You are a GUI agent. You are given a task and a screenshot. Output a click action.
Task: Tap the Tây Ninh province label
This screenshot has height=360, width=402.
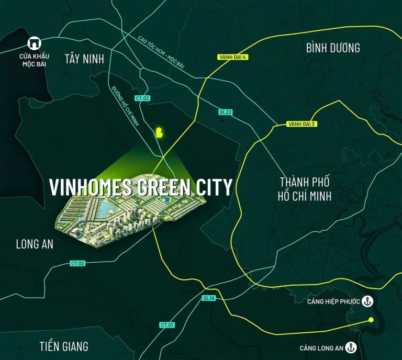(85, 59)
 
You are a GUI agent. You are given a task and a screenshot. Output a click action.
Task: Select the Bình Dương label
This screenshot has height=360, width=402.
(333, 48)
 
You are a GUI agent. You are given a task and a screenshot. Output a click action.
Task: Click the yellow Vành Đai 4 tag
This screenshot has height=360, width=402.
(230, 57)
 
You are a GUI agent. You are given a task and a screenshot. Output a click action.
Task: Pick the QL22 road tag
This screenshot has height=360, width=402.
(225, 113)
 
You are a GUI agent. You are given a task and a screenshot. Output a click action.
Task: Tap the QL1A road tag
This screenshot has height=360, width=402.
(208, 298)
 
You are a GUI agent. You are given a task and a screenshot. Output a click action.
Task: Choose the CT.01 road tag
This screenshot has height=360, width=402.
(166, 325)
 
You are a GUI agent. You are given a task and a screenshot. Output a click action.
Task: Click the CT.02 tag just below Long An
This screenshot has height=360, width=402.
(77, 263)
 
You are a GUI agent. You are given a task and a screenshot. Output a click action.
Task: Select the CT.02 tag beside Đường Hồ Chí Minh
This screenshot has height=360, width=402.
(142, 98)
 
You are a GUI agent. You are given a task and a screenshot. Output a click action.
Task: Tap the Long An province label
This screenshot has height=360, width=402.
(35, 244)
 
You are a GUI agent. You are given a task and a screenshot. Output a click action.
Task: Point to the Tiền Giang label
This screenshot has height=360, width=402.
(64, 346)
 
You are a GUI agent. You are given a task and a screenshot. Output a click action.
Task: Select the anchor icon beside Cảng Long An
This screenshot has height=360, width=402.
(352, 348)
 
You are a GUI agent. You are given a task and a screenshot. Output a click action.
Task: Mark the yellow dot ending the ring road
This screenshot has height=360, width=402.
(371, 320)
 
